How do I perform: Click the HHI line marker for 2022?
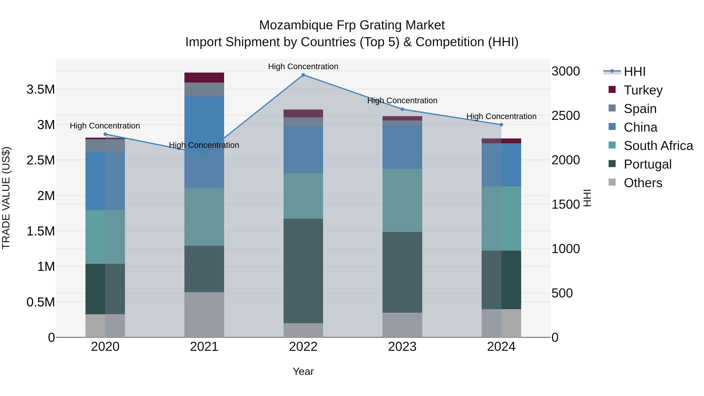click(x=303, y=75)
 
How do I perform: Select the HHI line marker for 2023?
click(x=402, y=109)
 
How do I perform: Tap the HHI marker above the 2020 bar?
click(x=105, y=134)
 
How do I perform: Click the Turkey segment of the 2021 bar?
click(x=204, y=78)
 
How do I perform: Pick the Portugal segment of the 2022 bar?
click(x=303, y=271)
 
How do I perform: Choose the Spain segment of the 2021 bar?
click(x=204, y=89)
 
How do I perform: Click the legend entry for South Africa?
click(x=658, y=146)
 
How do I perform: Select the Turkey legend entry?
click(x=643, y=90)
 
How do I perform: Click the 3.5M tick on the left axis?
click(x=41, y=89)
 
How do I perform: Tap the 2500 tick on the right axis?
click(x=565, y=116)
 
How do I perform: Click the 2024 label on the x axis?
click(x=501, y=347)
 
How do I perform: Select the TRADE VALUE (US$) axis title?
click(x=6, y=198)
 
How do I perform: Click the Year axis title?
click(x=303, y=371)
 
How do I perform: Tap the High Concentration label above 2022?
click(x=303, y=66)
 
